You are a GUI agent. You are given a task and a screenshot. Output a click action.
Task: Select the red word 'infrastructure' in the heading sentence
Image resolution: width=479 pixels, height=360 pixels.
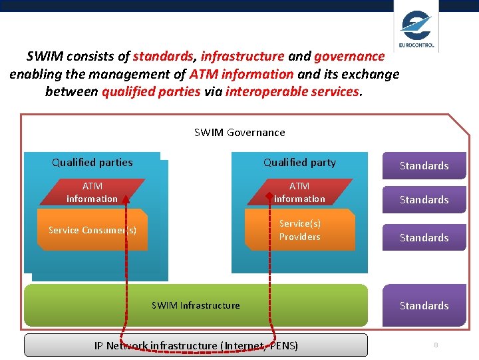242,57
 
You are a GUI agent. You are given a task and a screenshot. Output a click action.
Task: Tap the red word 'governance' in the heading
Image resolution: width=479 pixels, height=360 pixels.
349,57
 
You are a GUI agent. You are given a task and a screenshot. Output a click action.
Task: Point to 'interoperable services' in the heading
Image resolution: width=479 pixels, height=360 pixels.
293,91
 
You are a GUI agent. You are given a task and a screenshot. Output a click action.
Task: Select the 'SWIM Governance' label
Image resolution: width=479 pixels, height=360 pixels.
239,133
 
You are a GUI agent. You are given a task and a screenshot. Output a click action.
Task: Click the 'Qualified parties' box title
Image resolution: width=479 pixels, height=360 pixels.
92,163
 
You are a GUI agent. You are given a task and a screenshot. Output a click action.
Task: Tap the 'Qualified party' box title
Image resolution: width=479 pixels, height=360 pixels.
299,163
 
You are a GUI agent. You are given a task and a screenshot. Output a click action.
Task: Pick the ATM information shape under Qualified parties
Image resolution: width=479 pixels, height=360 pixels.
92,192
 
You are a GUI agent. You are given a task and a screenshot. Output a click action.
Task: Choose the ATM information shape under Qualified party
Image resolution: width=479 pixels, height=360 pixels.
299,192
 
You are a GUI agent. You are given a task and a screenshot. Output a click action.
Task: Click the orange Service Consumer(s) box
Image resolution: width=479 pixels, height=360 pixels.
92,230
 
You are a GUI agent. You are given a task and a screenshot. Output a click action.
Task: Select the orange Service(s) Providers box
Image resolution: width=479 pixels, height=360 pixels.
299,230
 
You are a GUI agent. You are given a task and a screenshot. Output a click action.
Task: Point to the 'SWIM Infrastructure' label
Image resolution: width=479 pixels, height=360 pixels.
196,305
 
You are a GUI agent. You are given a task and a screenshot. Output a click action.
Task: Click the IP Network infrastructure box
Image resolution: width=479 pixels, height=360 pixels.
196,345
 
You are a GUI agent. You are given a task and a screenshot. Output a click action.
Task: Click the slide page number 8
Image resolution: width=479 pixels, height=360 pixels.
436,345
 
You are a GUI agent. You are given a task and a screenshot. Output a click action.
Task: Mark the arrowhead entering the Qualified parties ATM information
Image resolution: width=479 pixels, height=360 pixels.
124,197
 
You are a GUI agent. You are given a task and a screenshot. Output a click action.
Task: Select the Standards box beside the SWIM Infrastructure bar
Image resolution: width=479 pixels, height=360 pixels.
424,305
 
